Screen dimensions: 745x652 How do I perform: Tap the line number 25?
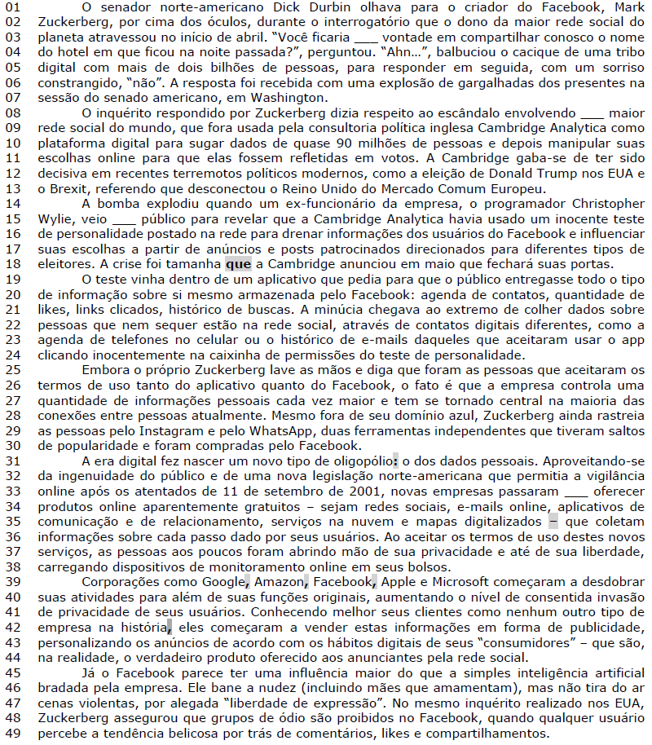pyautogui.click(x=15, y=369)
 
